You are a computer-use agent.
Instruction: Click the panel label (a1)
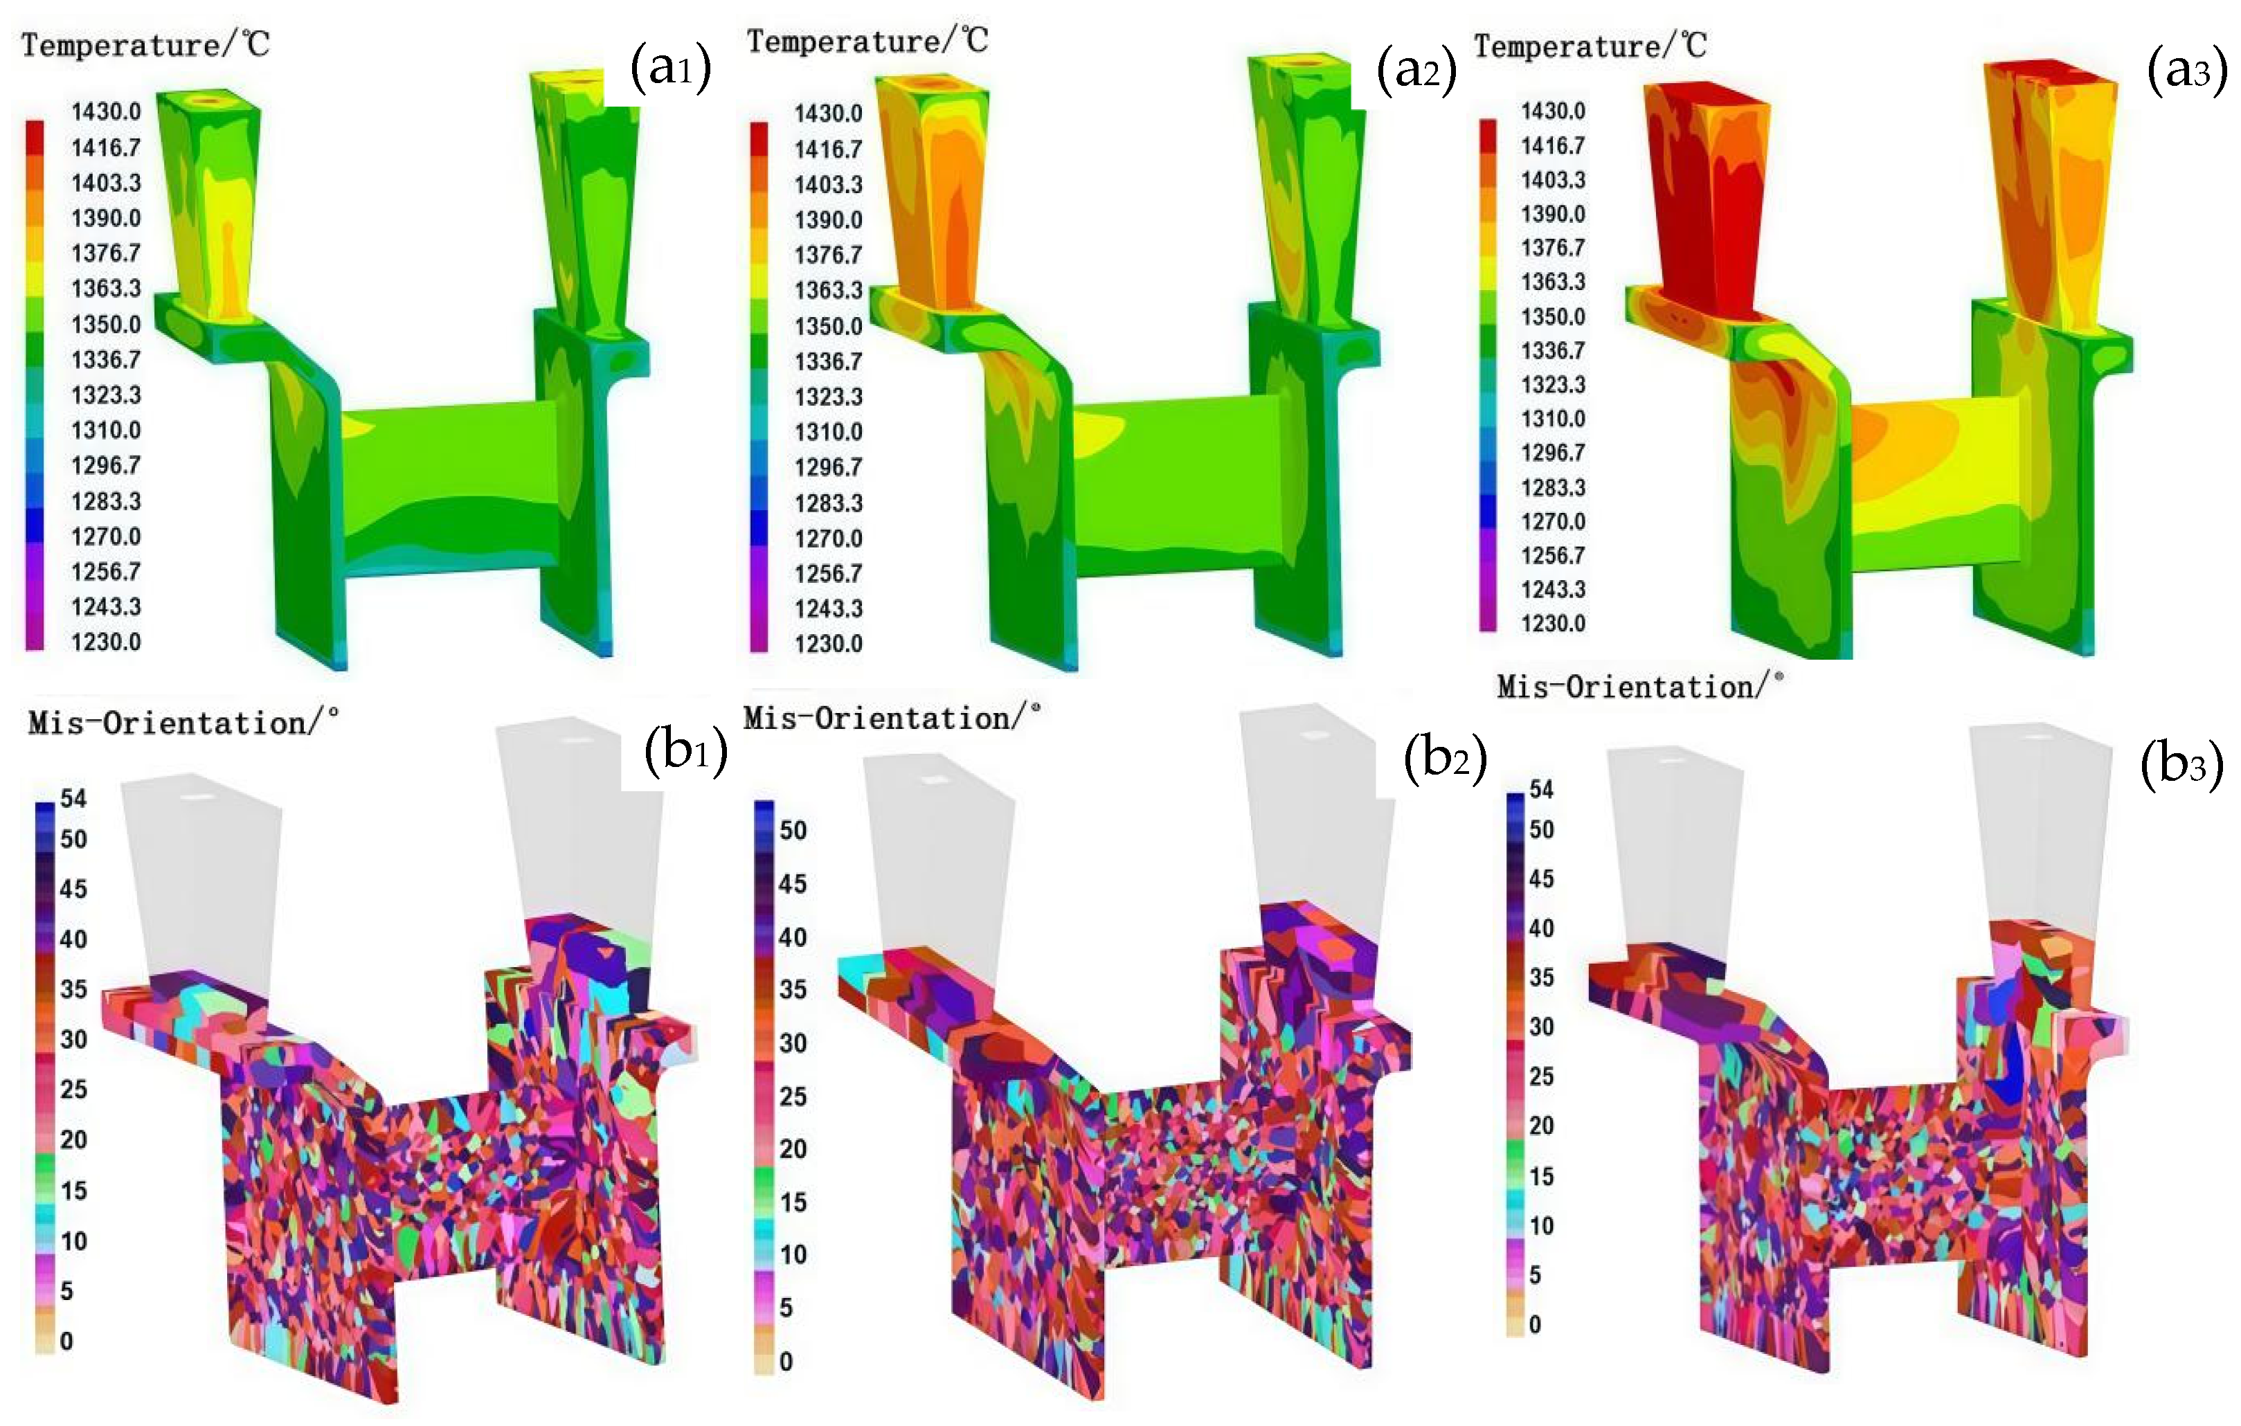670,67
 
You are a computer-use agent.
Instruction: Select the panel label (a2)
1416,69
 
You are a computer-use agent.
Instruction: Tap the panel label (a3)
2186,69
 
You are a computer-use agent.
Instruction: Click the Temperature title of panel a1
145,45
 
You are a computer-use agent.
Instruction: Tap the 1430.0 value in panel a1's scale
106,111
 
